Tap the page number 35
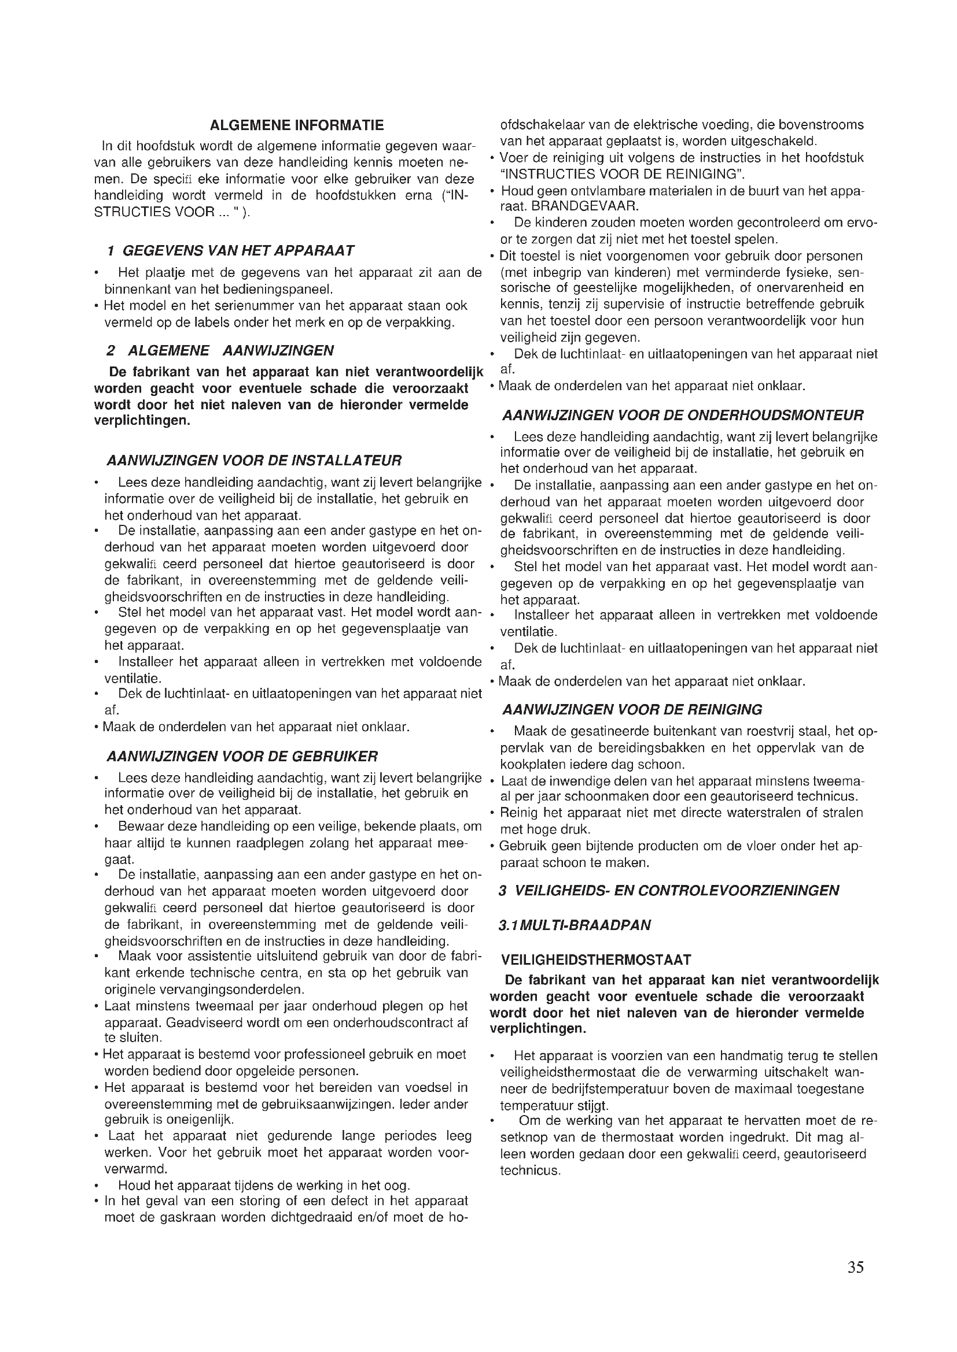point(856,1267)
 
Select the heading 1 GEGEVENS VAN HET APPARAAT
point(230,251)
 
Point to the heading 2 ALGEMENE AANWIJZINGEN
point(220,351)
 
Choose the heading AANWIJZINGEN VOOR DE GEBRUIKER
point(242,756)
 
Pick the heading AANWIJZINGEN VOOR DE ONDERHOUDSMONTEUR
point(682,416)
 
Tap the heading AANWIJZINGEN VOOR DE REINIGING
point(632,710)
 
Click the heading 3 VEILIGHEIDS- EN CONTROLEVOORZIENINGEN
point(668,890)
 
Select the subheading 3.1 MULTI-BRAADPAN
point(575,925)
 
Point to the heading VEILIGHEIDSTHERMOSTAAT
point(596,961)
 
